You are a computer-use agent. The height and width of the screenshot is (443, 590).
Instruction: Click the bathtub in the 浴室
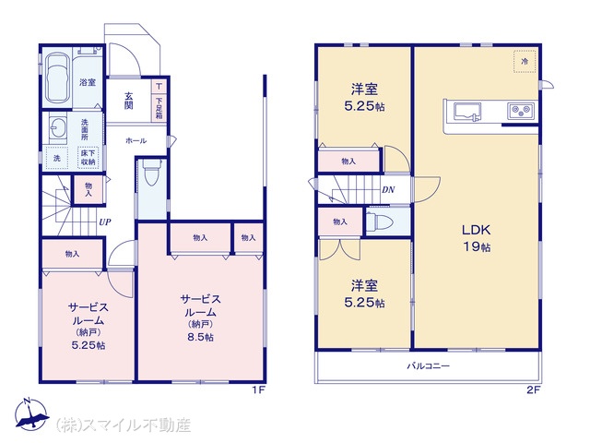pos(57,78)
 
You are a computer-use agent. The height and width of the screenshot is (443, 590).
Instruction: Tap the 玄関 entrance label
pos(129,101)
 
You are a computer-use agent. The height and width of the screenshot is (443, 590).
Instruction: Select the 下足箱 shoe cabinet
pos(159,108)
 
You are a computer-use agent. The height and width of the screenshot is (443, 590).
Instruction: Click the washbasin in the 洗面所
pos(57,128)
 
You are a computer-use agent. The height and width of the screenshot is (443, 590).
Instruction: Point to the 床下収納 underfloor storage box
pos(88,158)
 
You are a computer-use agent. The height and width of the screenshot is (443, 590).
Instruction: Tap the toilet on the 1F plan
pos(152,173)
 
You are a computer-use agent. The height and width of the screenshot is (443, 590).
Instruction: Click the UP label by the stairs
pos(105,221)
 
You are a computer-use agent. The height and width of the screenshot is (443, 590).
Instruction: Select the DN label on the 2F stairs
pos(388,190)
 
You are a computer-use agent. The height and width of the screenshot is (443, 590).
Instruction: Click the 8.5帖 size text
pos(201,337)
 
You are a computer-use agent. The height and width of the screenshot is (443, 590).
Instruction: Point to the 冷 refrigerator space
pos(525,61)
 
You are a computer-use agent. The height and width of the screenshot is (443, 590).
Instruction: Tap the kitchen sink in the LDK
pos(467,112)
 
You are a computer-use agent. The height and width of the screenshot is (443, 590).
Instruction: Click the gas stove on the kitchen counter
pos(521,111)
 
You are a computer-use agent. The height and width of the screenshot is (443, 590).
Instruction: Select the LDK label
pos(477,230)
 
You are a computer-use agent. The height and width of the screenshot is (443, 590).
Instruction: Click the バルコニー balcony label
pos(428,365)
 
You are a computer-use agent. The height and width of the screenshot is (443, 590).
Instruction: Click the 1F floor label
pos(259,389)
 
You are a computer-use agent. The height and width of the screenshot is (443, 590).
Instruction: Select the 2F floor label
pos(533,389)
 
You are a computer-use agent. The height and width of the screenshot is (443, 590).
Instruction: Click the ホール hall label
pos(136,141)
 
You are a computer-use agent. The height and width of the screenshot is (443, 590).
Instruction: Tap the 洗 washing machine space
pos(56,158)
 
